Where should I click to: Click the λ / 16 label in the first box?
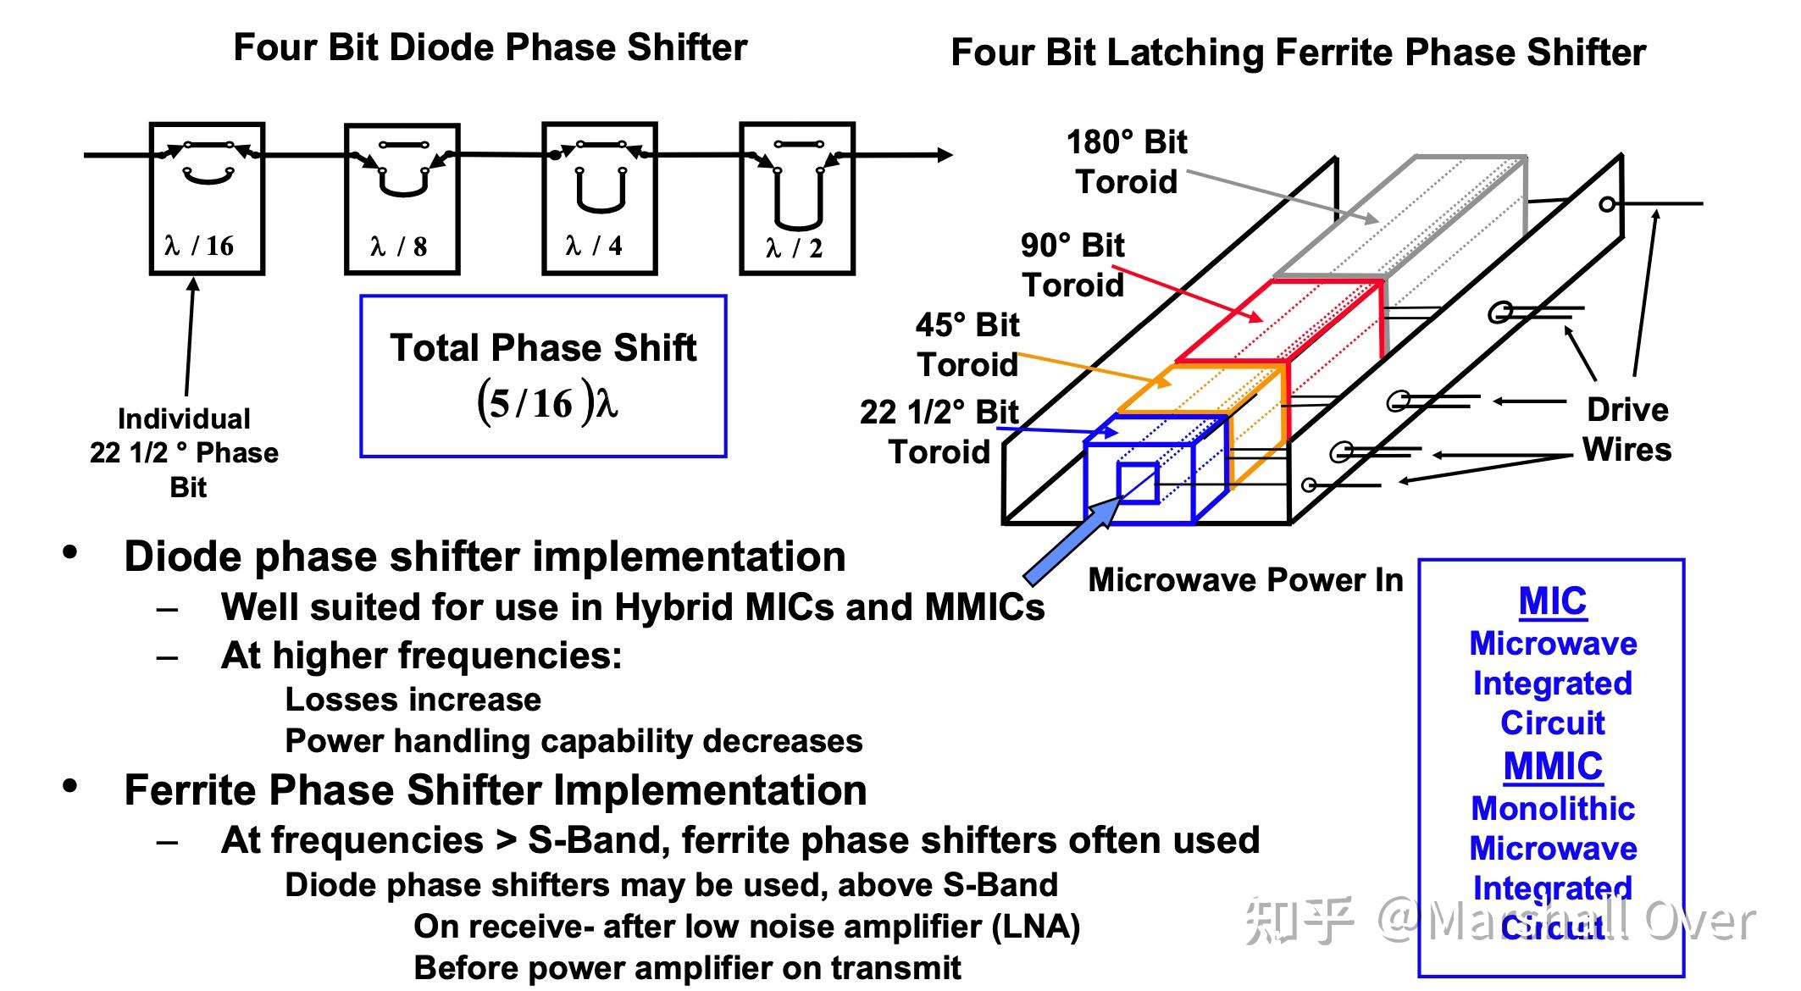[199, 246]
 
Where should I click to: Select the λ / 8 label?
[399, 246]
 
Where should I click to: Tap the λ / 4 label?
[594, 246]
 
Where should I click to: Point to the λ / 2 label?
[794, 248]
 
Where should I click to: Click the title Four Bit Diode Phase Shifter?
[490, 47]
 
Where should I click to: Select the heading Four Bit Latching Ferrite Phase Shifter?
[1298, 53]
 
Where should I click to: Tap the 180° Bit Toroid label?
[1127, 162]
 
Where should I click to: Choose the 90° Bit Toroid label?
[1072, 265]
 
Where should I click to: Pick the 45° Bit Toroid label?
[967, 345]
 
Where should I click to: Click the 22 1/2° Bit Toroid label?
[939, 432]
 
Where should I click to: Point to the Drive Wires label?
[1626, 429]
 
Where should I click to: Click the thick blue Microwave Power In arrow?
[1070, 541]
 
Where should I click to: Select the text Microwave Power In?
[1245, 580]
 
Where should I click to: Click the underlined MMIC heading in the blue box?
[1553, 767]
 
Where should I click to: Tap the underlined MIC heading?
[1553, 601]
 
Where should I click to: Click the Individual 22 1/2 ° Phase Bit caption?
[185, 453]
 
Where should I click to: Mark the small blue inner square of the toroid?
[1138, 484]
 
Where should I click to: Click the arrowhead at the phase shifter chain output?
[945, 155]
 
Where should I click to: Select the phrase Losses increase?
[413, 700]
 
